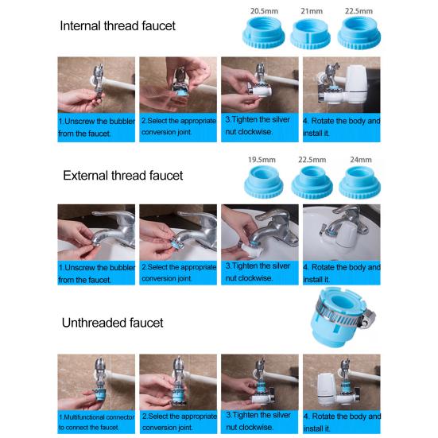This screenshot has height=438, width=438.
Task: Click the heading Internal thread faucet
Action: tap(118, 25)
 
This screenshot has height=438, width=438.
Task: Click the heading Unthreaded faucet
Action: tap(112, 322)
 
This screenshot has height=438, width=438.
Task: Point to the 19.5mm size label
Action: tap(262, 159)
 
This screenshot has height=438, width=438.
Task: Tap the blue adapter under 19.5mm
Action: tap(263, 182)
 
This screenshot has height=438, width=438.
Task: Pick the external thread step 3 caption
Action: tap(259, 272)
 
